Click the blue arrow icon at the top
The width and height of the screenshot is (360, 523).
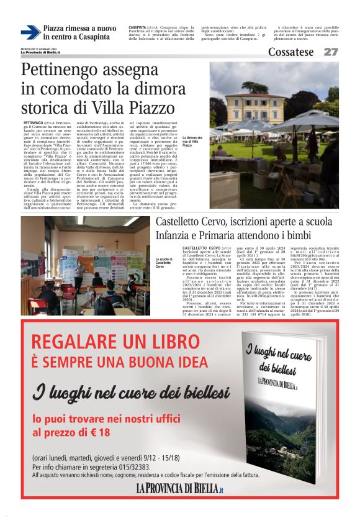(30, 32)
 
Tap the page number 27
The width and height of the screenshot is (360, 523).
(331, 52)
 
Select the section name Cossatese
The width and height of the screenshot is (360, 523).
(290, 52)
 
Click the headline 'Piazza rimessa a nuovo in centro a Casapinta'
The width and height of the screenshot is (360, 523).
(79, 33)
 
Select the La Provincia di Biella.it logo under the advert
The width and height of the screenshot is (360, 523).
(179, 489)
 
